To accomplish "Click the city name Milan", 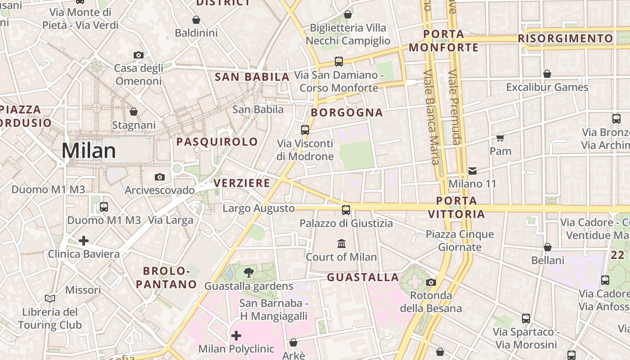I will (89, 150).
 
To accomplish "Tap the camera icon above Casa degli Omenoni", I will (139, 55).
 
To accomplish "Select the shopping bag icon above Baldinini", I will (196, 20).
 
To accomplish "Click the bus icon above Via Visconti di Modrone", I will (305, 130).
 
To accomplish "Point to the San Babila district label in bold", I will (252, 77).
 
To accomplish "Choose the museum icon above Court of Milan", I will (342, 243).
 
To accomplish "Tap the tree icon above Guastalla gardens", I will (248, 272).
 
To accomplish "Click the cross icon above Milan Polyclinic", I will (236, 335).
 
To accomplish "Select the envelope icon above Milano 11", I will (472, 171).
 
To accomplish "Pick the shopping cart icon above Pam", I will (500, 138).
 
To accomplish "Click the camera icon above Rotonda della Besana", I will (431, 282).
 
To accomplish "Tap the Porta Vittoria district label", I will (457, 207).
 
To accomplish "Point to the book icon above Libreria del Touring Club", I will (50, 298).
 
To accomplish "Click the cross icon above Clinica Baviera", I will (84, 241).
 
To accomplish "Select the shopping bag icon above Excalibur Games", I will (547, 74).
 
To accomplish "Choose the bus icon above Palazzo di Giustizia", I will (346, 210).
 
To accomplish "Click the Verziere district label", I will (242, 183).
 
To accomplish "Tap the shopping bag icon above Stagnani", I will (134, 112).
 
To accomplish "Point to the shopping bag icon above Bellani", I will (548, 247).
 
